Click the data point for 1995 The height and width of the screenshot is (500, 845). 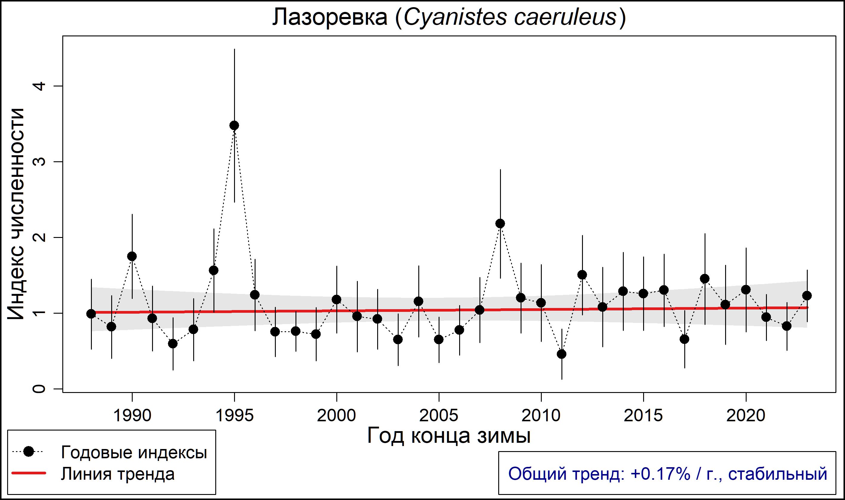tap(234, 125)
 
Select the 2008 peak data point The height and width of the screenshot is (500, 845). tap(500, 223)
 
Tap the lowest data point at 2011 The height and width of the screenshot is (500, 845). tap(561, 354)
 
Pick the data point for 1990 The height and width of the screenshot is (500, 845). tap(132, 256)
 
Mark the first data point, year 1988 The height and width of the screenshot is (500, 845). tap(91, 314)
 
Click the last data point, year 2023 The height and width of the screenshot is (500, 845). tap(807, 295)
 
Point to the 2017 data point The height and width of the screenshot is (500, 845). tap(684, 339)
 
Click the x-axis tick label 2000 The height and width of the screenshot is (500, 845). tap(336, 416)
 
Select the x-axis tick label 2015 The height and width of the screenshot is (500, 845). tap(643, 416)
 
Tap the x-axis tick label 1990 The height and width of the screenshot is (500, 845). tap(132, 416)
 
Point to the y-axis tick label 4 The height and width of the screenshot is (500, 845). tap(39, 86)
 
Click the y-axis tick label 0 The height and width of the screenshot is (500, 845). tap(39, 389)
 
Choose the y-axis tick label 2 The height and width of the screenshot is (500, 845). tap(39, 238)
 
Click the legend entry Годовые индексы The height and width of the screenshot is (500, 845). tap(134, 453)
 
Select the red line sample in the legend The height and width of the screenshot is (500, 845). tap(29, 473)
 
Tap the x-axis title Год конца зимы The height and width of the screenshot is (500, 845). tap(448, 436)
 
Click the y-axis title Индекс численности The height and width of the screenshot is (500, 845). tap(16, 214)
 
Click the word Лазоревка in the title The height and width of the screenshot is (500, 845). tap(330, 18)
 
